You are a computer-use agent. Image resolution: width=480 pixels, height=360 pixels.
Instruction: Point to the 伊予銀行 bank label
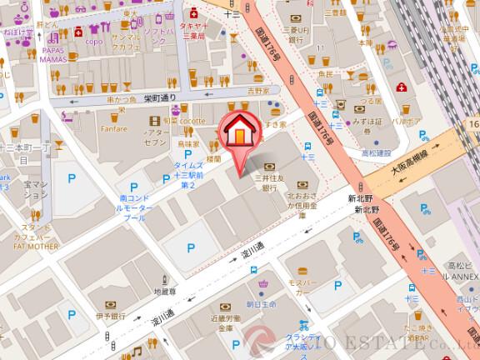pyautogui.click(x=108, y=317)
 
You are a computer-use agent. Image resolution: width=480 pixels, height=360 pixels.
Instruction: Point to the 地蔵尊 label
pyautogui.click(x=165, y=292)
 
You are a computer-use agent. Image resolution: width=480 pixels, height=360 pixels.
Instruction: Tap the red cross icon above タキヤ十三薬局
pyautogui.click(x=194, y=12)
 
